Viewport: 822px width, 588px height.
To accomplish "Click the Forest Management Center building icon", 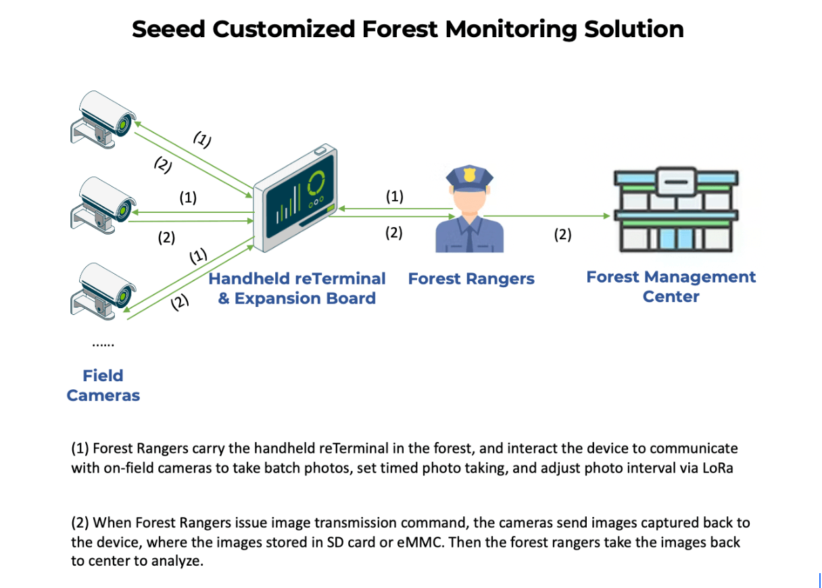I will (677, 210).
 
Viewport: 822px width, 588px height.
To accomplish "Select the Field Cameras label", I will (103, 385).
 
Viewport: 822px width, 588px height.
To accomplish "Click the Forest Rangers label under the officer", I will (471, 278).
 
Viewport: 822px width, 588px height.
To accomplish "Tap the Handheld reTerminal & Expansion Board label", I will (297, 289).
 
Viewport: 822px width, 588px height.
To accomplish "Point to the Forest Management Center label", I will (671, 287).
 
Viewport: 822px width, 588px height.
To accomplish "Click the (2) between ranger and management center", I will (562, 235).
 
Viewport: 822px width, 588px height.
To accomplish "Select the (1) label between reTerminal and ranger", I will (394, 197).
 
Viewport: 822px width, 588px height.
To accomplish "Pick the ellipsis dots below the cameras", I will (103, 344).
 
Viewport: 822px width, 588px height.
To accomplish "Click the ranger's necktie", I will (468, 237).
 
